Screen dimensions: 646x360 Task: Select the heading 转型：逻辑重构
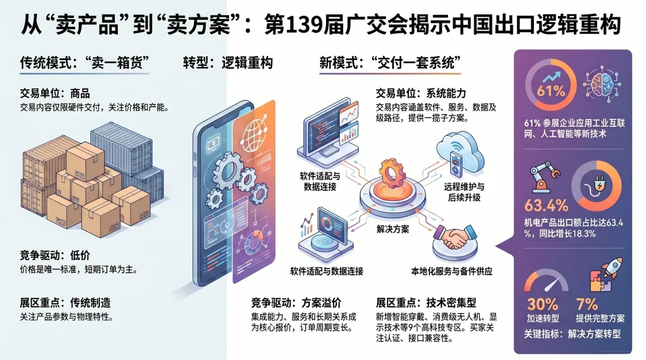[x=228, y=63]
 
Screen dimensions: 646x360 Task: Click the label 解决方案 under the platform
[x=393, y=230]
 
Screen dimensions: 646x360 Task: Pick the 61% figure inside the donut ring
[x=550, y=91]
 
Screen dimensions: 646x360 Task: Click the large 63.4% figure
[x=546, y=206]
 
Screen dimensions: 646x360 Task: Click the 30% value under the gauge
[x=542, y=304]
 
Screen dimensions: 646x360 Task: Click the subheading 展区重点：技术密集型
[x=426, y=302]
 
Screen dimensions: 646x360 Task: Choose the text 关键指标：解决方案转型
[x=573, y=334]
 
